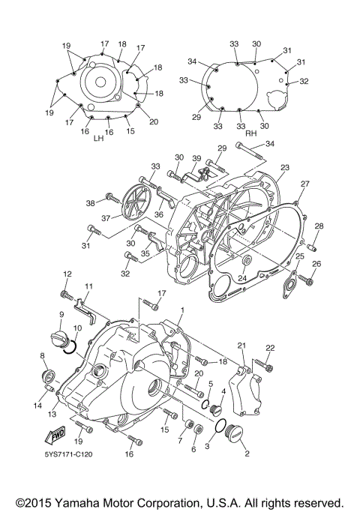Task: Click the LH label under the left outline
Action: point(97,139)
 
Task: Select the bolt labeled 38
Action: point(113,198)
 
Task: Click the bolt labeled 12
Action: point(66,290)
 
